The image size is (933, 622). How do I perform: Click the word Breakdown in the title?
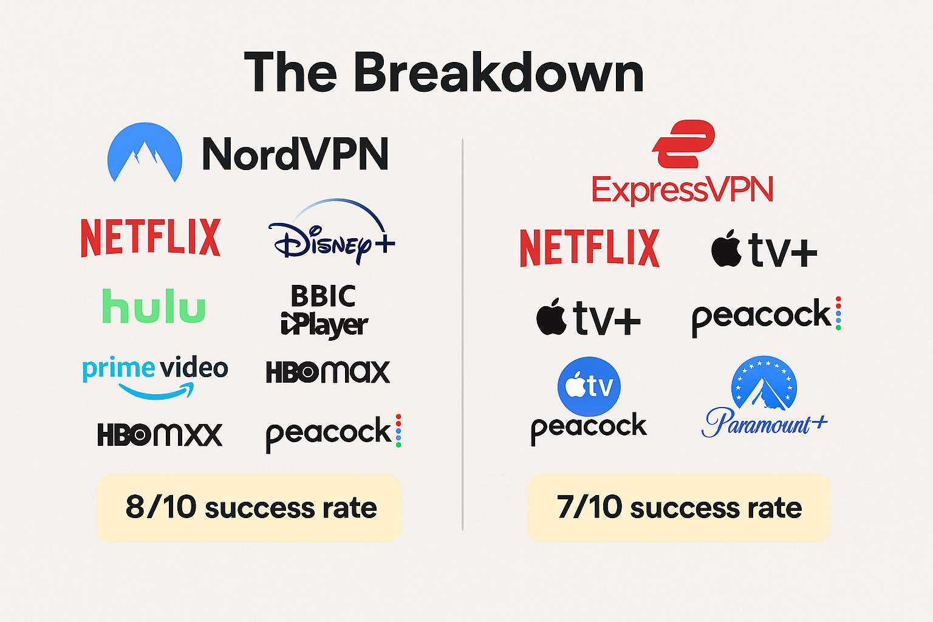pos(498,73)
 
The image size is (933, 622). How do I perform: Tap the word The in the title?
pos(290,73)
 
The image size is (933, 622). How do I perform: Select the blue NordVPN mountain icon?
pos(145,152)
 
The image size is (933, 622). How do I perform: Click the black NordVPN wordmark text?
pos(295,154)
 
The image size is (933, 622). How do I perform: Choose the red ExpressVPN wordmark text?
pos(682,190)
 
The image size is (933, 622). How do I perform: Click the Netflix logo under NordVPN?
pos(151,238)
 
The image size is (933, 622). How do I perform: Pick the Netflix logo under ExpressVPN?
pos(589,248)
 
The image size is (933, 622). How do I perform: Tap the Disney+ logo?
pos(332,233)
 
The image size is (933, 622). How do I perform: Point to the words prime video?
pos(155,368)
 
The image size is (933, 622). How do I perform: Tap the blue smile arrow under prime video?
pos(157,391)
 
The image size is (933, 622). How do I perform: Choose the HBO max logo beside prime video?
pos(328,372)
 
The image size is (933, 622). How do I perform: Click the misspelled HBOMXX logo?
pos(160,434)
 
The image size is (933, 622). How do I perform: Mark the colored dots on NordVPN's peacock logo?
pos(398,431)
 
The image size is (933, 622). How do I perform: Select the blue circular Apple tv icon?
pos(589,386)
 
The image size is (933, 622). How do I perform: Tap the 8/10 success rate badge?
pos(249,508)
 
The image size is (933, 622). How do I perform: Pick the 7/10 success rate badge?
pos(678,508)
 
